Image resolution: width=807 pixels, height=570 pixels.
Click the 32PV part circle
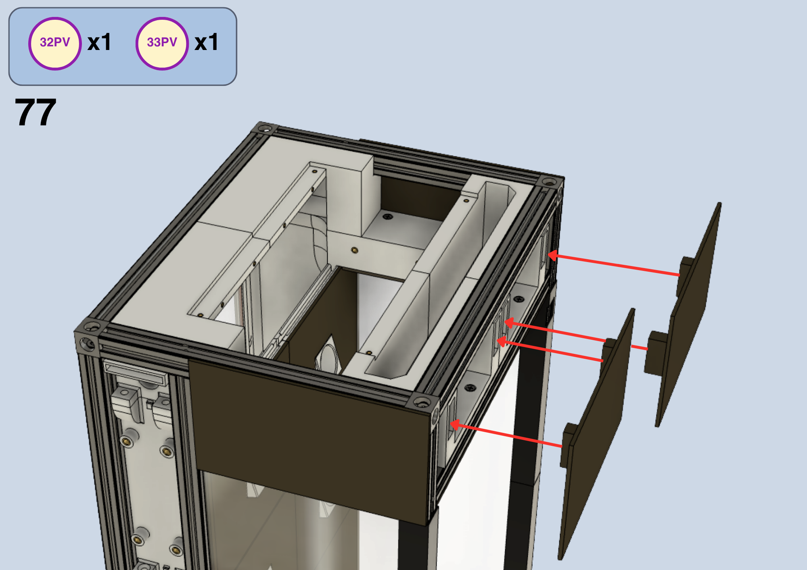point(55,44)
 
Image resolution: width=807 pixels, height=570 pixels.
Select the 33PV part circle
point(162,44)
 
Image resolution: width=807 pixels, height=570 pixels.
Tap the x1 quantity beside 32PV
point(99,42)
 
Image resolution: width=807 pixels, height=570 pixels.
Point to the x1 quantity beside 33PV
point(206,42)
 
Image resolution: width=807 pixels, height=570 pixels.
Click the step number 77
point(36,112)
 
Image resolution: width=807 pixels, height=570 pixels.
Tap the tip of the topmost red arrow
point(548,255)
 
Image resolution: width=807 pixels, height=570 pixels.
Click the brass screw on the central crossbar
point(355,250)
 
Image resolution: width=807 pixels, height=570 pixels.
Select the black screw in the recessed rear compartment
point(388,217)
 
